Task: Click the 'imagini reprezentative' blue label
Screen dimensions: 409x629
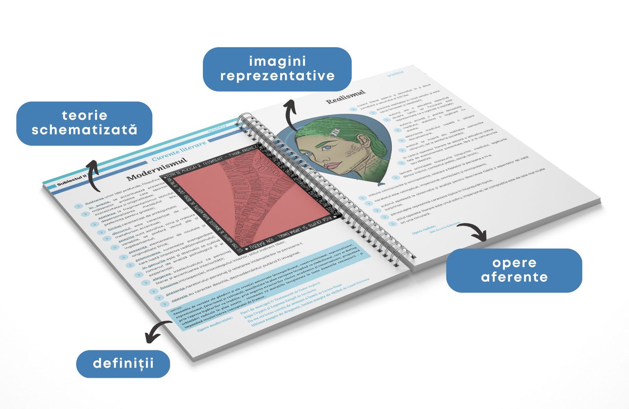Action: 277,69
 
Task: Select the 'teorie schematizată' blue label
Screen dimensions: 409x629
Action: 84,123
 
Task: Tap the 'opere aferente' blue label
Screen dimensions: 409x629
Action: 514,270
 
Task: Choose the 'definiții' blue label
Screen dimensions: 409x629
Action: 123,363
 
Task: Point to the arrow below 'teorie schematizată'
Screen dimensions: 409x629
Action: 92,175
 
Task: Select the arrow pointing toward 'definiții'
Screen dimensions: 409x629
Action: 157,330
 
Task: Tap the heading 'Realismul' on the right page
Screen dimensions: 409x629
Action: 346,97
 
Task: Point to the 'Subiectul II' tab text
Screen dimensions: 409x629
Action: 71,181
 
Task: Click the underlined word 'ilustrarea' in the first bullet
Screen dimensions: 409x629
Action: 94,197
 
